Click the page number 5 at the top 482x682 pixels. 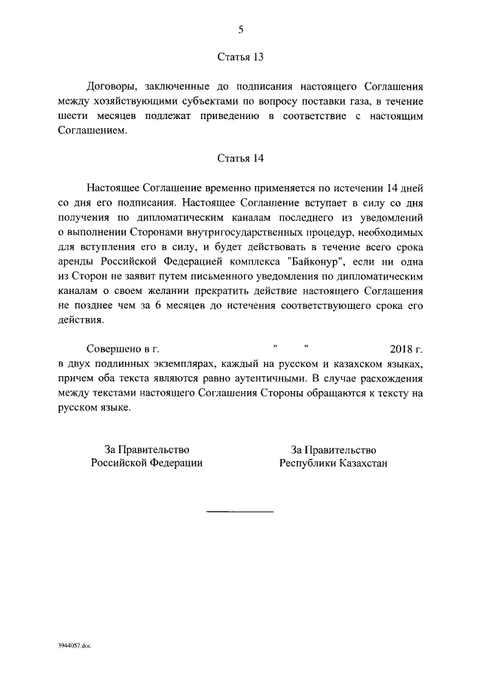tap(241, 29)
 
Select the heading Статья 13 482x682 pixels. tap(241, 57)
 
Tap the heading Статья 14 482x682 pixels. tap(241, 158)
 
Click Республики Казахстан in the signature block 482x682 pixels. tap(333, 463)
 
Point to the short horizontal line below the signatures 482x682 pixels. tap(240, 512)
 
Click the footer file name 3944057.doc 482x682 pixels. tap(73, 646)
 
